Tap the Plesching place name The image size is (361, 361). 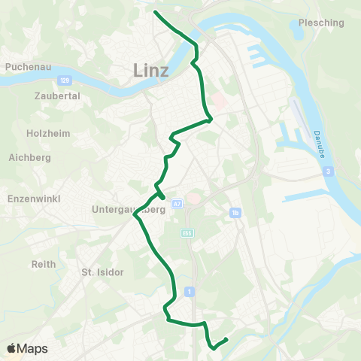tap(321, 23)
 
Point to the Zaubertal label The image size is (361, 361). tap(57, 96)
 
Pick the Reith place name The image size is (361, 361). tap(44, 264)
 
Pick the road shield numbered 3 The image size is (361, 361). tap(329, 172)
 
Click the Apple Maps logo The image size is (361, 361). tap(27, 348)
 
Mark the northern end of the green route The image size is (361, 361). tap(155, 12)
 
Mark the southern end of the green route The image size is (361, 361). tap(226, 339)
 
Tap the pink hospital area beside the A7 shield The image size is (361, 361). tap(193, 199)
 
